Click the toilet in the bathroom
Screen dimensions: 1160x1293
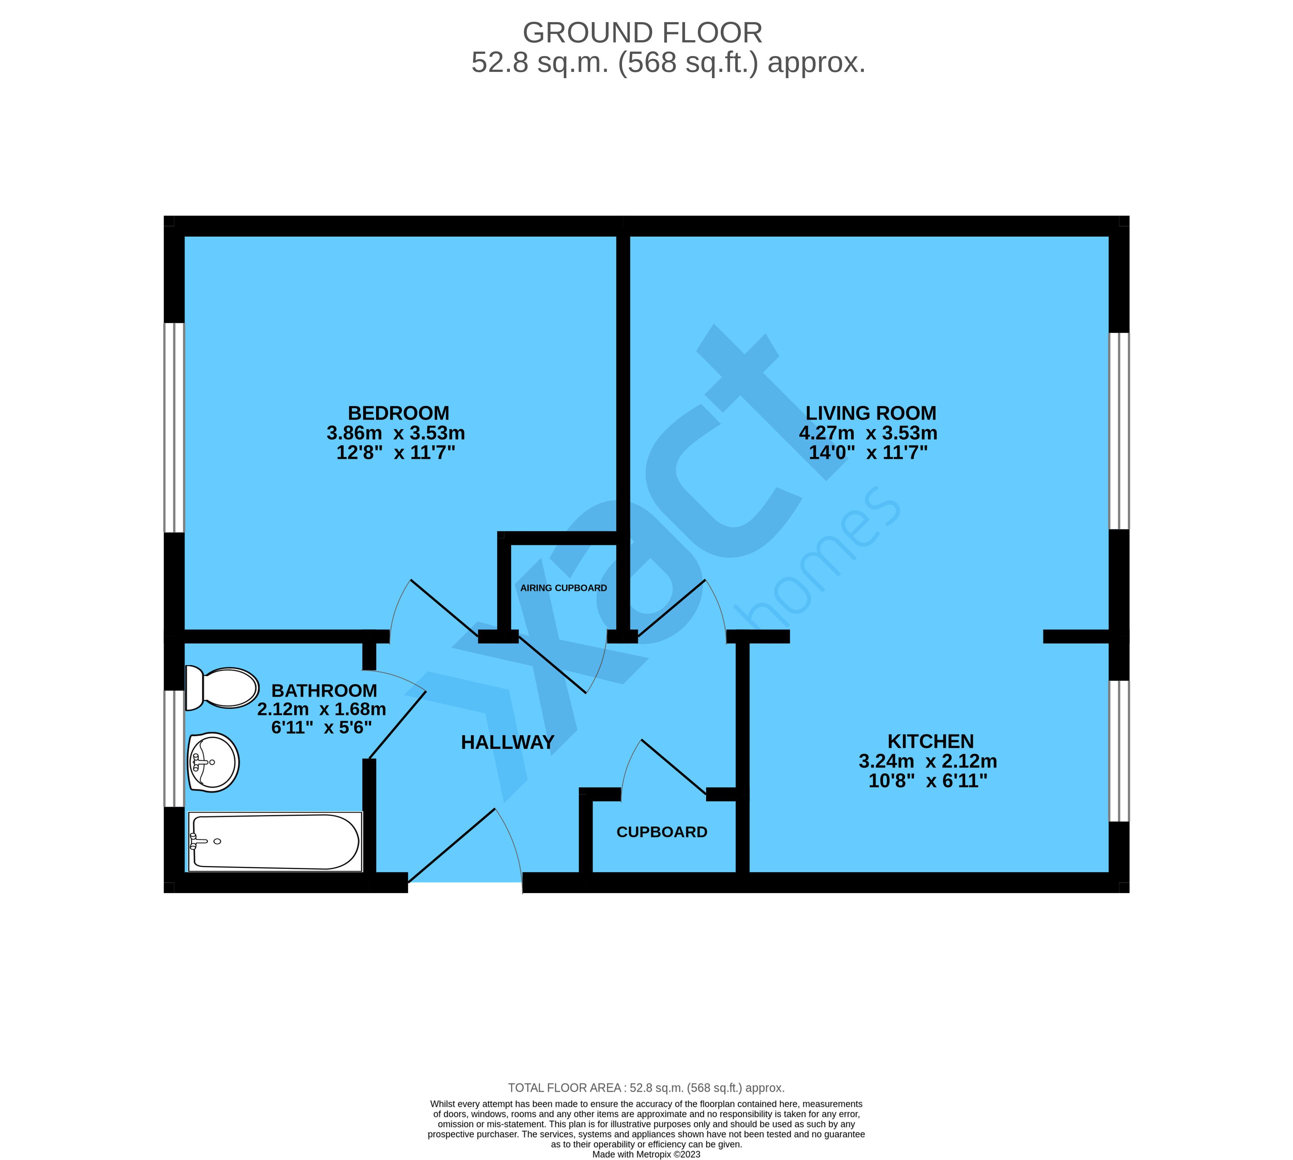[x=221, y=688]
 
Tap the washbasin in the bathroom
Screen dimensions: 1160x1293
[x=213, y=762]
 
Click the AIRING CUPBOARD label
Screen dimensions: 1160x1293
[x=563, y=588]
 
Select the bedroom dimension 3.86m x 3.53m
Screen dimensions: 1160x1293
[x=396, y=433]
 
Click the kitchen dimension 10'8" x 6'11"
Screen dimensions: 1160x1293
[x=928, y=781]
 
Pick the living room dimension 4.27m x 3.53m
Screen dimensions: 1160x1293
[x=868, y=433]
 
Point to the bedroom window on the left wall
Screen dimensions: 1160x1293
[x=174, y=427]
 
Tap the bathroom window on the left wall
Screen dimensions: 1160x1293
[x=174, y=748]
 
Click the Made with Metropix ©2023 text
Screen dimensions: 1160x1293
[x=646, y=1154]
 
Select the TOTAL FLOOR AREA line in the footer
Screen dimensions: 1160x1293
[x=646, y=1088]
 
